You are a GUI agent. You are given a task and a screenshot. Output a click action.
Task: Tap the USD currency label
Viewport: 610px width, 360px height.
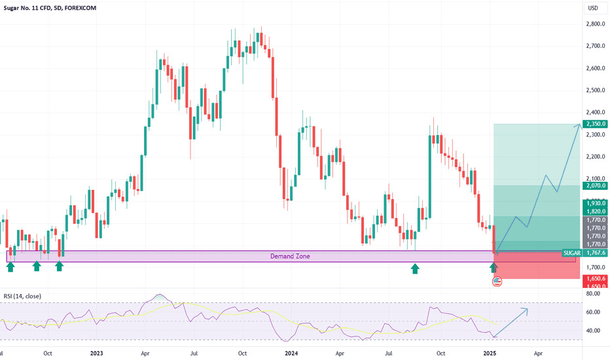pos(593,8)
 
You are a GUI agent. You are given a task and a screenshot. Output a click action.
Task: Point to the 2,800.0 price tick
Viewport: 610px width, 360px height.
pos(594,24)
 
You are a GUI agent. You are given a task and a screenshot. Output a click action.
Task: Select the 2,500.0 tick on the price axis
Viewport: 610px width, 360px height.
pos(594,90)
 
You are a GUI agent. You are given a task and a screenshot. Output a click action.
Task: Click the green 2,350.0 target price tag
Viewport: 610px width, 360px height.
pos(594,124)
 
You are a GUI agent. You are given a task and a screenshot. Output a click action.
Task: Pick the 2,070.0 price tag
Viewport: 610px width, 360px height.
pos(594,187)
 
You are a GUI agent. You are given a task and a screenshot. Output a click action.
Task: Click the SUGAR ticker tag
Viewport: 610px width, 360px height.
pos(571,253)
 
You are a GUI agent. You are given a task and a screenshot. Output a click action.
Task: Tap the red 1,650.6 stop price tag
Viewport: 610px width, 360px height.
pos(594,279)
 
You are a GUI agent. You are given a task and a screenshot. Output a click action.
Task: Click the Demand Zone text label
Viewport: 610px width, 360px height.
pos(290,257)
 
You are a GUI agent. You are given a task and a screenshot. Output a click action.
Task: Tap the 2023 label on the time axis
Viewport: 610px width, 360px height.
pos(96,353)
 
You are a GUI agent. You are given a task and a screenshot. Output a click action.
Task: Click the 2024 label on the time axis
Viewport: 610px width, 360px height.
pos(292,353)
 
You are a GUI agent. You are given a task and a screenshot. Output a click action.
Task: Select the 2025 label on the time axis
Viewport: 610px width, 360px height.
pos(490,353)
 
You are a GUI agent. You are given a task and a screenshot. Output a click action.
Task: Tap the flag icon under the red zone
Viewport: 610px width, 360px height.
pos(497,281)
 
